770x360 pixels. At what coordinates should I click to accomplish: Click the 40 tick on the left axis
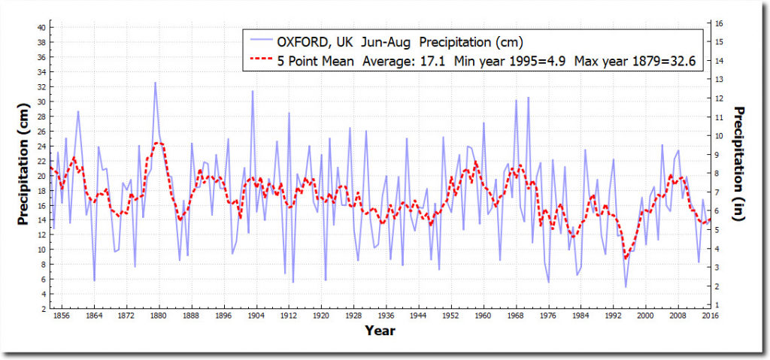[42, 27]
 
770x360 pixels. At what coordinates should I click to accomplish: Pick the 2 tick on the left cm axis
[44, 308]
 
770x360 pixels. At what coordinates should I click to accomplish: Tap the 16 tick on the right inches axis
[720, 23]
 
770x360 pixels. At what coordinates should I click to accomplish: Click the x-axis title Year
[380, 331]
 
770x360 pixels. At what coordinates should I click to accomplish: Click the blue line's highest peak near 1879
[156, 82]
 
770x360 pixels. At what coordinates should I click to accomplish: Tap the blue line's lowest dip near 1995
[626, 287]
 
